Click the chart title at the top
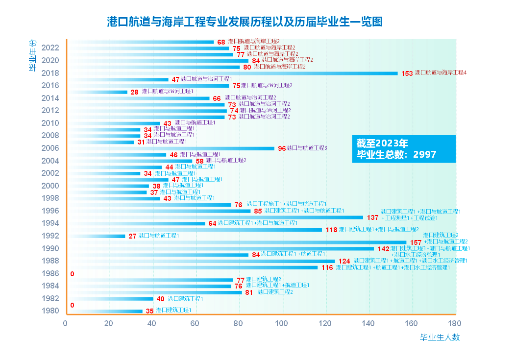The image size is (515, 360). (245, 22)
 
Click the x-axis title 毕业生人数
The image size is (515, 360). (440, 337)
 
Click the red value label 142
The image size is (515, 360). (383, 249)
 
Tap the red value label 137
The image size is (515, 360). (372, 217)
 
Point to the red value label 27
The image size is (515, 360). (132, 236)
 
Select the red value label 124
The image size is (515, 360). (344, 261)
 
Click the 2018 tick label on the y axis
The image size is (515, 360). (50, 73)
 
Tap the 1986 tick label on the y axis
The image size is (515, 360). (50, 273)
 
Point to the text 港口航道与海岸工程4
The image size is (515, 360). (441, 72)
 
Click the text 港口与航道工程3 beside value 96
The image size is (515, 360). (307, 148)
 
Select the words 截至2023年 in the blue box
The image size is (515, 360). (382, 143)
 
